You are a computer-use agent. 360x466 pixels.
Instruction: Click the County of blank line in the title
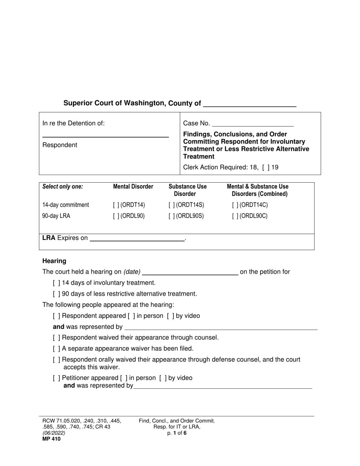click(x=250, y=105)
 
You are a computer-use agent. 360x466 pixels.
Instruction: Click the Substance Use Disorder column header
click(x=188, y=190)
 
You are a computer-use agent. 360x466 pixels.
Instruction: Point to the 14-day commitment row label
click(x=66, y=205)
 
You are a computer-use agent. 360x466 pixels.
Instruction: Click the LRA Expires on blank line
click(x=137, y=238)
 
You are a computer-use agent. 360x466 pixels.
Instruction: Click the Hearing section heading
click(x=54, y=261)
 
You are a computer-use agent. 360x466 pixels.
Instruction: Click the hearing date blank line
click(x=190, y=272)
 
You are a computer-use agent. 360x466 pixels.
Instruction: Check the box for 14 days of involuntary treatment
click(x=56, y=283)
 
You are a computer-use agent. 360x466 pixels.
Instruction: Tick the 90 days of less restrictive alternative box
click(x=56, y=294)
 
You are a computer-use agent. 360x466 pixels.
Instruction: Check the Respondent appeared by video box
click(x=170, y=316)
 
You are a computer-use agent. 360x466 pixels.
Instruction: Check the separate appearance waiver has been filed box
click(x=56, y=349)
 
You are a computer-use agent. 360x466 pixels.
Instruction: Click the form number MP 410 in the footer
click(x=51, y=439)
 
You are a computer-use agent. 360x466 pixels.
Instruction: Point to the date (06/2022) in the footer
click(x=54, y=433)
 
